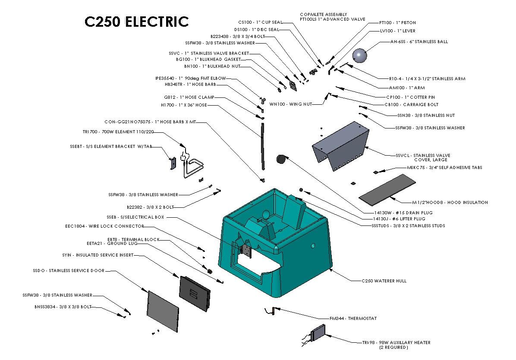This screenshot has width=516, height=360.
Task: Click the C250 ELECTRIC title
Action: click(136, 22)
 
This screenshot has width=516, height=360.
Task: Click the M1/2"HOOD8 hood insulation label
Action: click(444, 202)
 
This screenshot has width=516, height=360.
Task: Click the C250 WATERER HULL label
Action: click(384, 281)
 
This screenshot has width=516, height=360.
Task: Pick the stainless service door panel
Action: click(163, 310)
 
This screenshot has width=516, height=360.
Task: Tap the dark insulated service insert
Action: click(195, 293)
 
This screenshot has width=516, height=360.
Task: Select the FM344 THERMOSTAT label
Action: click(353, 319)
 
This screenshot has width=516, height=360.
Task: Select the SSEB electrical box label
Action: click(135, 217)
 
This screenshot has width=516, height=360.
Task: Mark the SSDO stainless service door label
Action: click(68, 271)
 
